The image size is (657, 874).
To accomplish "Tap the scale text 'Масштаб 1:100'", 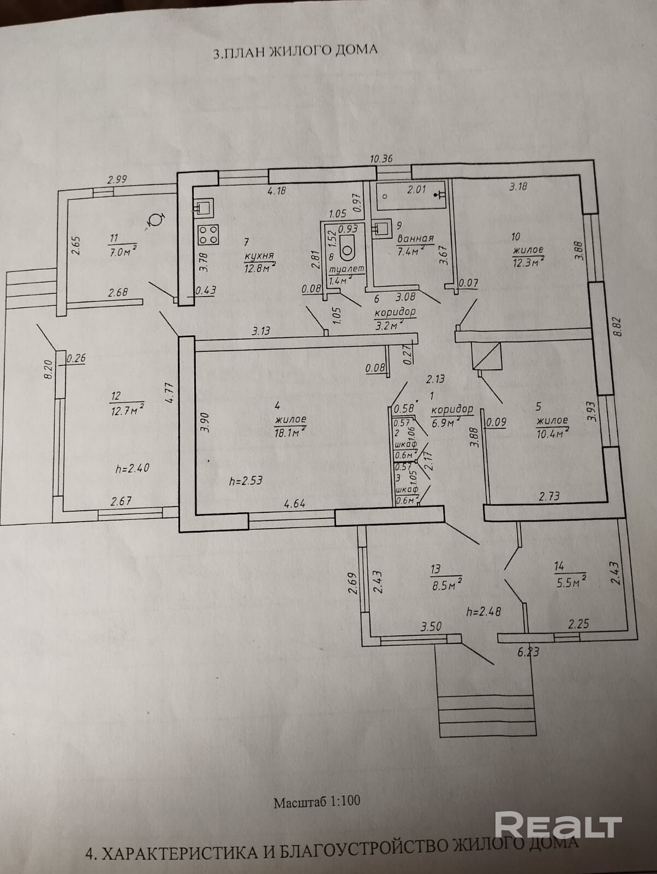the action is point(316,802).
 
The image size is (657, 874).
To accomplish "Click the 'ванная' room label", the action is point(415,239).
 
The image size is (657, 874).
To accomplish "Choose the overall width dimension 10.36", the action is point(381,159).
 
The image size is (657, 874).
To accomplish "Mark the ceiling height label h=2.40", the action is point(133,468).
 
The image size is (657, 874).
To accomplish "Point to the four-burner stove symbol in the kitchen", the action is point(208,235).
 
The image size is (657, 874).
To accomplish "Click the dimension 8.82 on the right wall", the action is point(618,328).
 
